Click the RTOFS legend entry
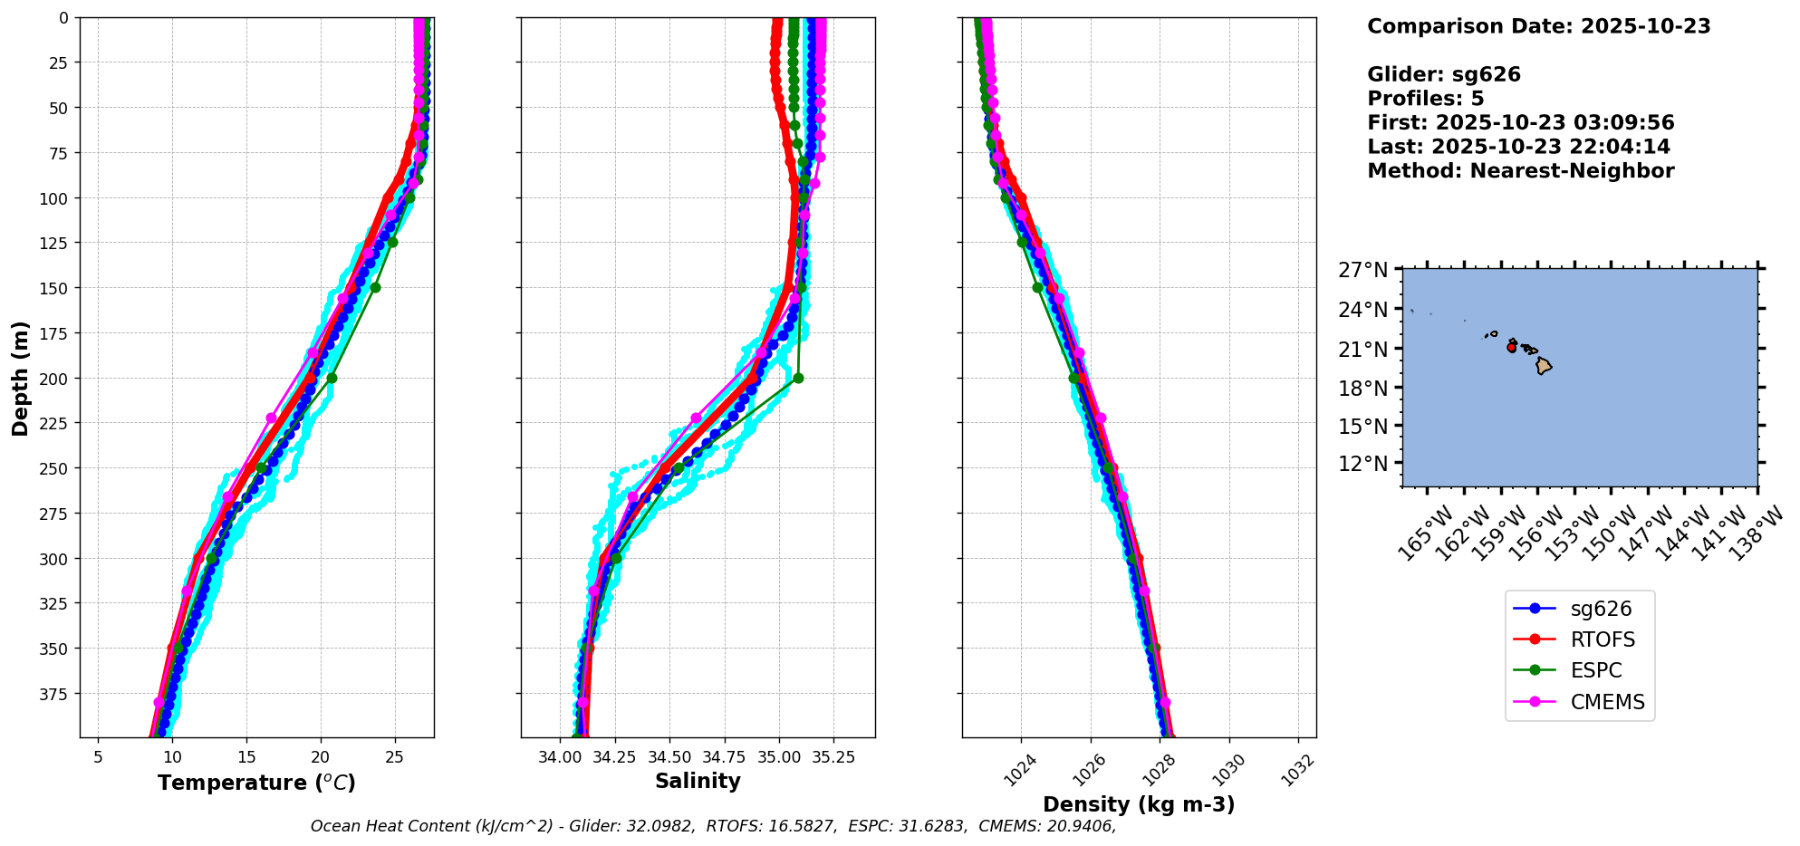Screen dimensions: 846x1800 [x=1602, y=639]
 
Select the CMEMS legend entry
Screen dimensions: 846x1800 [x=1607, y=702]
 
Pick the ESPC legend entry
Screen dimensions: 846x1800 [x=1595, y=670]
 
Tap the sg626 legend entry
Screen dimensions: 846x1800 [x=1601, y=609]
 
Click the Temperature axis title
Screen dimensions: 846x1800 [x=256, y=783]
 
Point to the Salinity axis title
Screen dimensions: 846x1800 [x=698, y=781]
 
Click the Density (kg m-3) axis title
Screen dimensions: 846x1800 [x=1139, y=804]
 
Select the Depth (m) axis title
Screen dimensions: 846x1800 [x=20, y=378]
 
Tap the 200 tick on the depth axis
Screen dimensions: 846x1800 [x=55, y=378]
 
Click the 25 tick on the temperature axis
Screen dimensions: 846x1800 [x=394, y=756]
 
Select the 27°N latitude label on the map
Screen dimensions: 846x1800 [x=1362, y=270]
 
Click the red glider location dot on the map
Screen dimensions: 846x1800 [x=1511, y=348]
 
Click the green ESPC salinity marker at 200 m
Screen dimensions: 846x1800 [x=798, y=378]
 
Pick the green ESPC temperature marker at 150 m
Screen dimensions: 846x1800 [x=375, y=287]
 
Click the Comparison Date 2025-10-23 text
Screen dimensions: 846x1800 [x=1538, y=26]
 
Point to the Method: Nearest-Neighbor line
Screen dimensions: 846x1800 [x=1520, y=170]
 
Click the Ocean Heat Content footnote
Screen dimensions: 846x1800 [x=713, y=826]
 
